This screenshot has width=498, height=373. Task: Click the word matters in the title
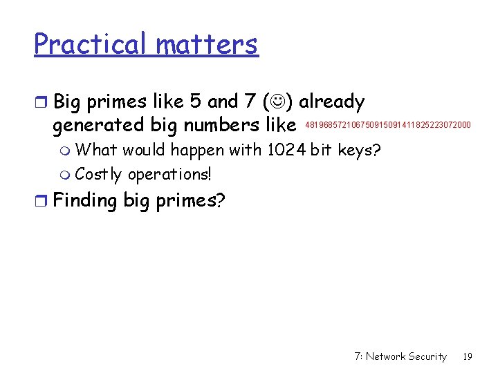[207, 44]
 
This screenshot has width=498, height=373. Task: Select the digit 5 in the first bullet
[195, 102]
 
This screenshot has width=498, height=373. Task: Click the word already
[331, 102]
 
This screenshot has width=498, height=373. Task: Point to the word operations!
[169, 173]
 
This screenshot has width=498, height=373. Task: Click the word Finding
[85, 200]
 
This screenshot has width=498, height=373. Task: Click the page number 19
[468, 356]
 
